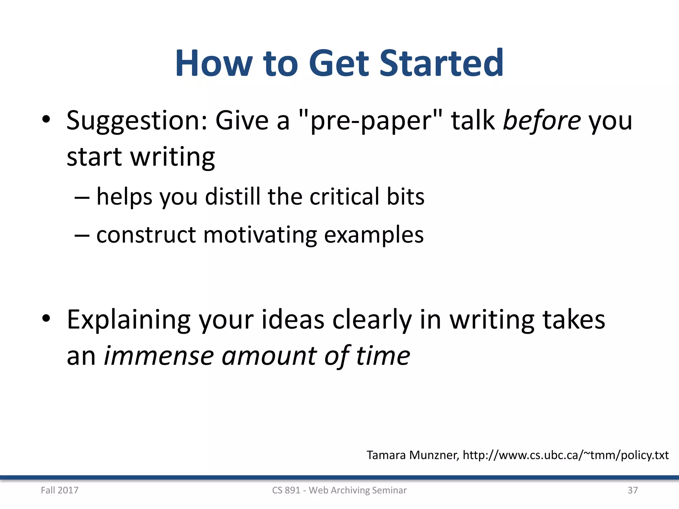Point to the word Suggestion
[x=137, y=121]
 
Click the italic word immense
[x=159, y=356]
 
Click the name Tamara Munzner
[x=412, y=455]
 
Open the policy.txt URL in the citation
[x=566, y=455]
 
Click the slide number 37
[x=633, y=490]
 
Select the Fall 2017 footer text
[x=60, y=490]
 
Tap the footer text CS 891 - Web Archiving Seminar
[x=339, y=490]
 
